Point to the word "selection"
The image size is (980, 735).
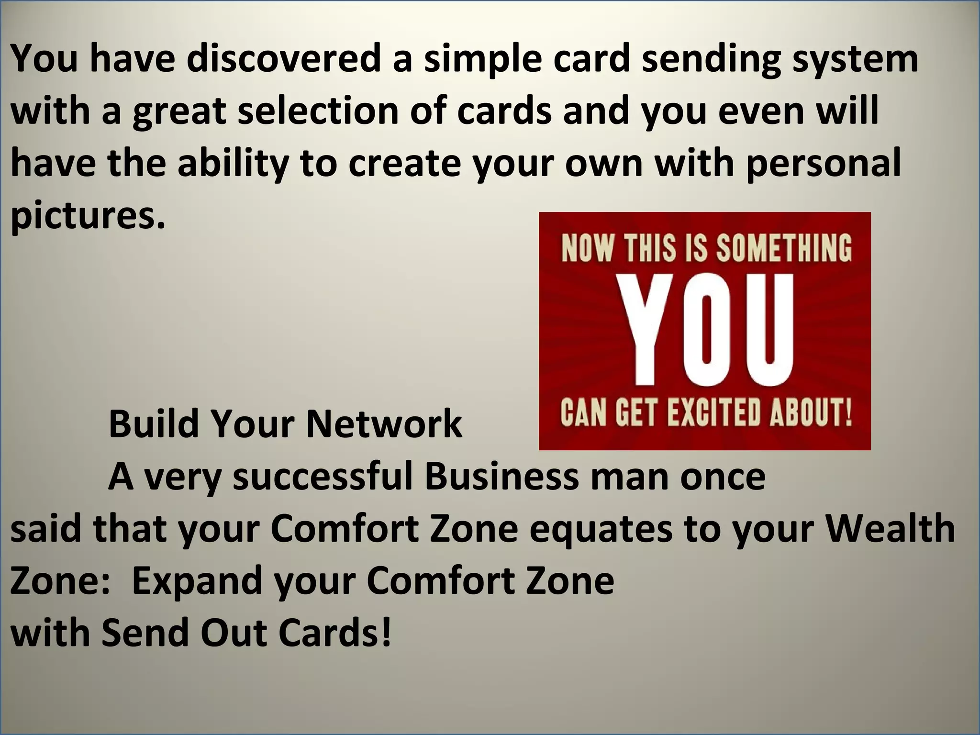pos(318,111)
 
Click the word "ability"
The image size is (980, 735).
pos(233,163)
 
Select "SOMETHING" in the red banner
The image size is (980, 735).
pos(784,249)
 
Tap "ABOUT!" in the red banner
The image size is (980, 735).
pos(811,412)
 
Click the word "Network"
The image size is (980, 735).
pos(384,424)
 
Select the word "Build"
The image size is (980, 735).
pos(154,424)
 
